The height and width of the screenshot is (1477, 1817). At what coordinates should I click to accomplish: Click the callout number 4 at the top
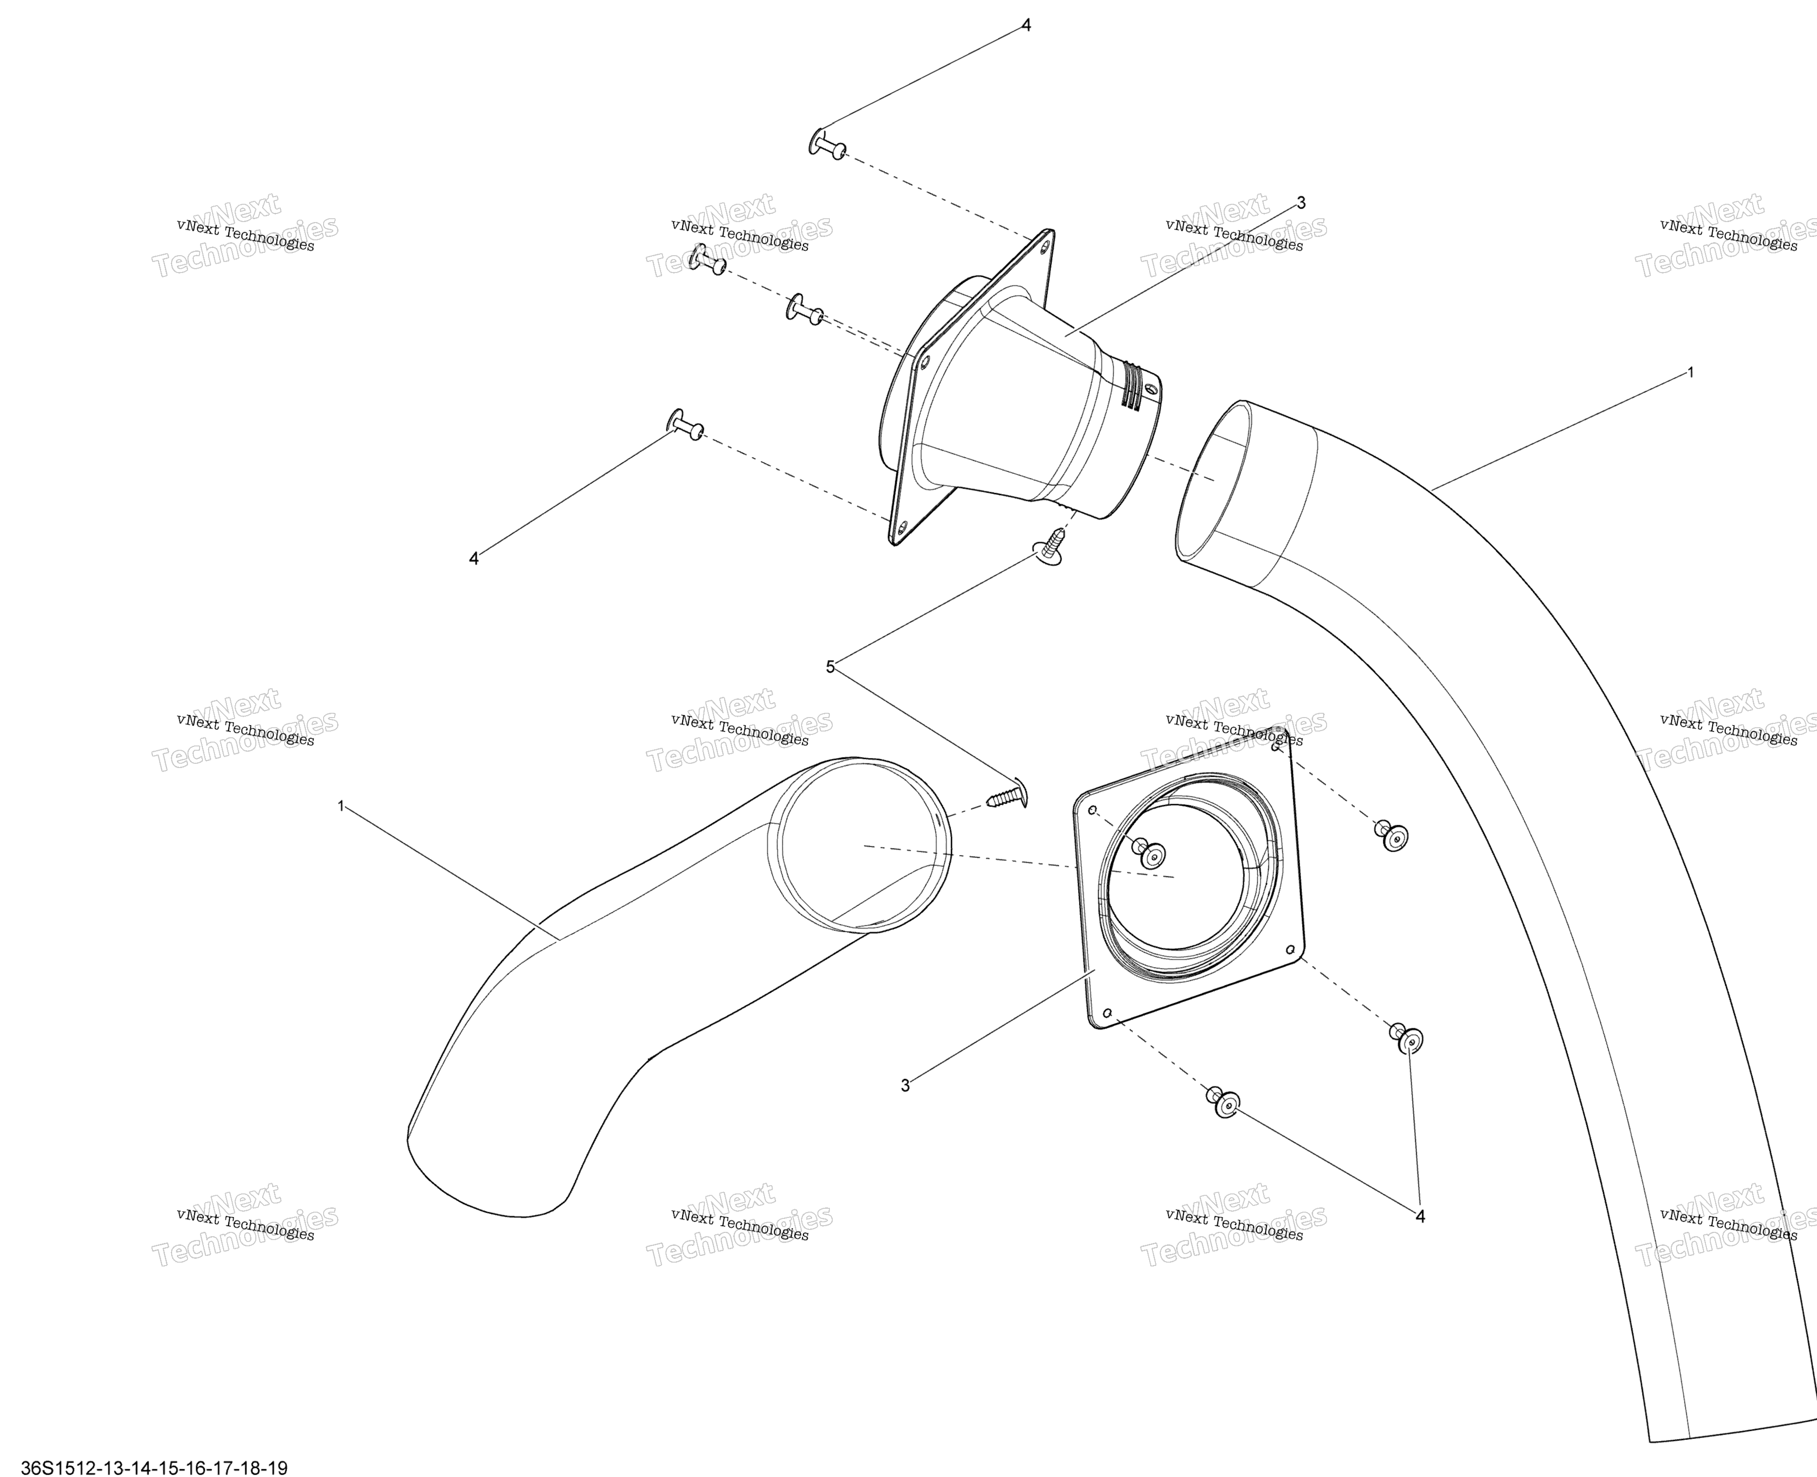click(x=1026, y=25)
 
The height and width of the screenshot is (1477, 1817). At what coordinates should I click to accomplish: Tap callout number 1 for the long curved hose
click(x=1690, y=372)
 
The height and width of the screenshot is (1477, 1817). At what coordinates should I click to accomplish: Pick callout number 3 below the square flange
click(x=905, y=1086)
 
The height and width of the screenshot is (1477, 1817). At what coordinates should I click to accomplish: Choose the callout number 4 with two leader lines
click(x=1419, y=1216)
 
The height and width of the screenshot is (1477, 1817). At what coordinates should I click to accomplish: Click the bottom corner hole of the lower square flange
click(x=1106, y=1012)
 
